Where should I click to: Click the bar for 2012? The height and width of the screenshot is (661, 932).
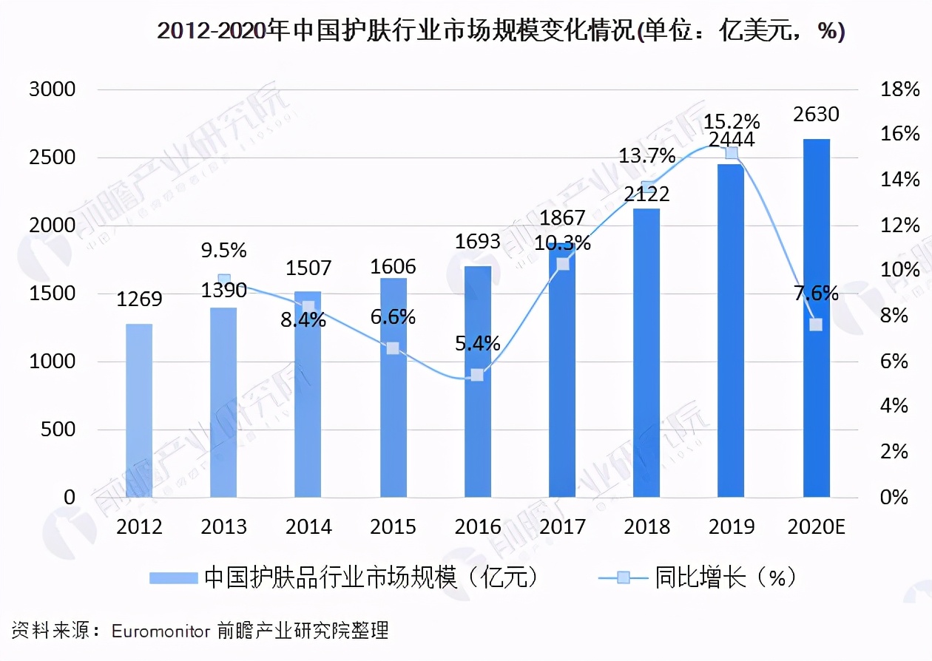tap(139, 410)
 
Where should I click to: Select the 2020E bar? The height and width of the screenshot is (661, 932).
tap(816, 318)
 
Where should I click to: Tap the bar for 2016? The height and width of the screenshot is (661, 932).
tap(477, 382)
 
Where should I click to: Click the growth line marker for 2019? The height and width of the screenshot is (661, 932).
tap(732, 153)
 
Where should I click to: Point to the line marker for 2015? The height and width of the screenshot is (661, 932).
tap(393, 348)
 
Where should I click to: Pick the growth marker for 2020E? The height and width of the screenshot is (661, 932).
tap(816, 325)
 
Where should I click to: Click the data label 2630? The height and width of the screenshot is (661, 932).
tap(816, 115)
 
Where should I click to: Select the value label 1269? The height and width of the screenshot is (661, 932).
tap(139, 299)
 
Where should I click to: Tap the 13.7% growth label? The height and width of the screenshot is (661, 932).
tap(647, 156)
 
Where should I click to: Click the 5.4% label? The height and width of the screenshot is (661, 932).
tap(477, 343)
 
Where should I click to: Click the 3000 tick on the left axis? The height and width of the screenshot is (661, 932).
tap(52, 89)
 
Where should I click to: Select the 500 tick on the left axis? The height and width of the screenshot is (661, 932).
tap(58, 430)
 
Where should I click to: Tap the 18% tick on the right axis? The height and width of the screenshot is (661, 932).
tap(899, 89)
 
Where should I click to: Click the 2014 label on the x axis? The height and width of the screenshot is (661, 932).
tap(308, 527)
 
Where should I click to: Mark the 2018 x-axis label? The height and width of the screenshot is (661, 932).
tap(646, 527)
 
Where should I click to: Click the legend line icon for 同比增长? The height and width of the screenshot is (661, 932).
tap(623, 577)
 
